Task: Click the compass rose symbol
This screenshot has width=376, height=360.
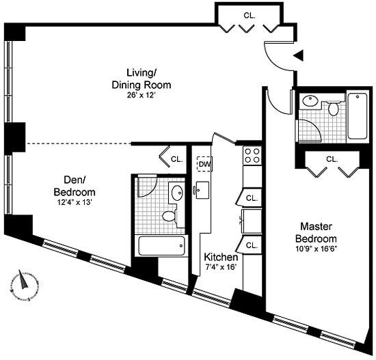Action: [24, 285]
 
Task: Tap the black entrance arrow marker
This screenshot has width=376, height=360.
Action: [299, 55]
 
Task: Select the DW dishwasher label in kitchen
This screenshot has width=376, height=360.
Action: [205, 164]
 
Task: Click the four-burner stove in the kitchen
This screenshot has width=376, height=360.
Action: [252, 156]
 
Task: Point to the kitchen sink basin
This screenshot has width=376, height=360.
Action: [202, 190]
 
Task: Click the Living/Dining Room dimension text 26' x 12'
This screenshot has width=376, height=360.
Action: [142, 96]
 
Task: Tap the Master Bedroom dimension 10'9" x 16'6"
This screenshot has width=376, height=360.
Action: [316, 249]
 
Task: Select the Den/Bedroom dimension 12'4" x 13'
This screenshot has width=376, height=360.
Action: [75, 202]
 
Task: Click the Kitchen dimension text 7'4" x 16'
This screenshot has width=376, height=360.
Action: [221, 267]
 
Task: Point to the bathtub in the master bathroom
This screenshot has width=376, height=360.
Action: [358, 116]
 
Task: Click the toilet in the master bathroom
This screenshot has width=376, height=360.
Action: [333, 108]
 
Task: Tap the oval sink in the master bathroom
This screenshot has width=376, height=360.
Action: [310, 100]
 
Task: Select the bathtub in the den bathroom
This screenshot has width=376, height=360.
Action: [161, 246]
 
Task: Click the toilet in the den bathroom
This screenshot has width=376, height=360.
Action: [170, 217]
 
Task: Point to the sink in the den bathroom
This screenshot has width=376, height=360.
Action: [178, 192]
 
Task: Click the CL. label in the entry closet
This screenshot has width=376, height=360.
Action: [250, 16]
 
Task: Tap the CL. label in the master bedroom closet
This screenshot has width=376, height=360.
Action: [332, 159]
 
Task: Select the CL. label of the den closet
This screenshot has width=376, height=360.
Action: [177, 159]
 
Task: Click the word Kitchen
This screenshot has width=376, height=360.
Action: [221, 257]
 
